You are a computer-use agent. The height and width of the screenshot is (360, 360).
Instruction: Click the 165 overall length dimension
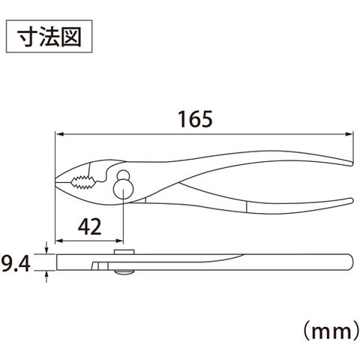pyautogui.click(x=195, y=119)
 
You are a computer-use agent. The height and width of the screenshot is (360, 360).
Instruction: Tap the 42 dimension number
pyautogui.click(x=89, y=226)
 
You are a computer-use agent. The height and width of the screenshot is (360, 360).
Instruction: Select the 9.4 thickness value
pyautogui.click(x=16, y=264)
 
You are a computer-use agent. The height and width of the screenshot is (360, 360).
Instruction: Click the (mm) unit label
pyautogui.click(x=331, y=332)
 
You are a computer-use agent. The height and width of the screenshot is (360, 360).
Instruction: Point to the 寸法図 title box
pyautogui.click(x=49, y=37)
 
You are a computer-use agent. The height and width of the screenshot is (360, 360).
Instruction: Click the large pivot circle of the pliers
pyautogui.click(x=123, y=189)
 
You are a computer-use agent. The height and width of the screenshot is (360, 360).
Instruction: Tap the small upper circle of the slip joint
pyautogui.click(x=123, y=175)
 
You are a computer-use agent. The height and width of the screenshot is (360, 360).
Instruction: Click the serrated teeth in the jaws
pyautogui.click(x=84, y=181)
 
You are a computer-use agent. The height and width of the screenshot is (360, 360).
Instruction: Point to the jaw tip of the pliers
pyautogui.click(x=55, y=181)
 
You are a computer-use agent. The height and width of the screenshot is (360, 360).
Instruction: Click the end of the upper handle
pyautogui.click(x=352, y=164)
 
